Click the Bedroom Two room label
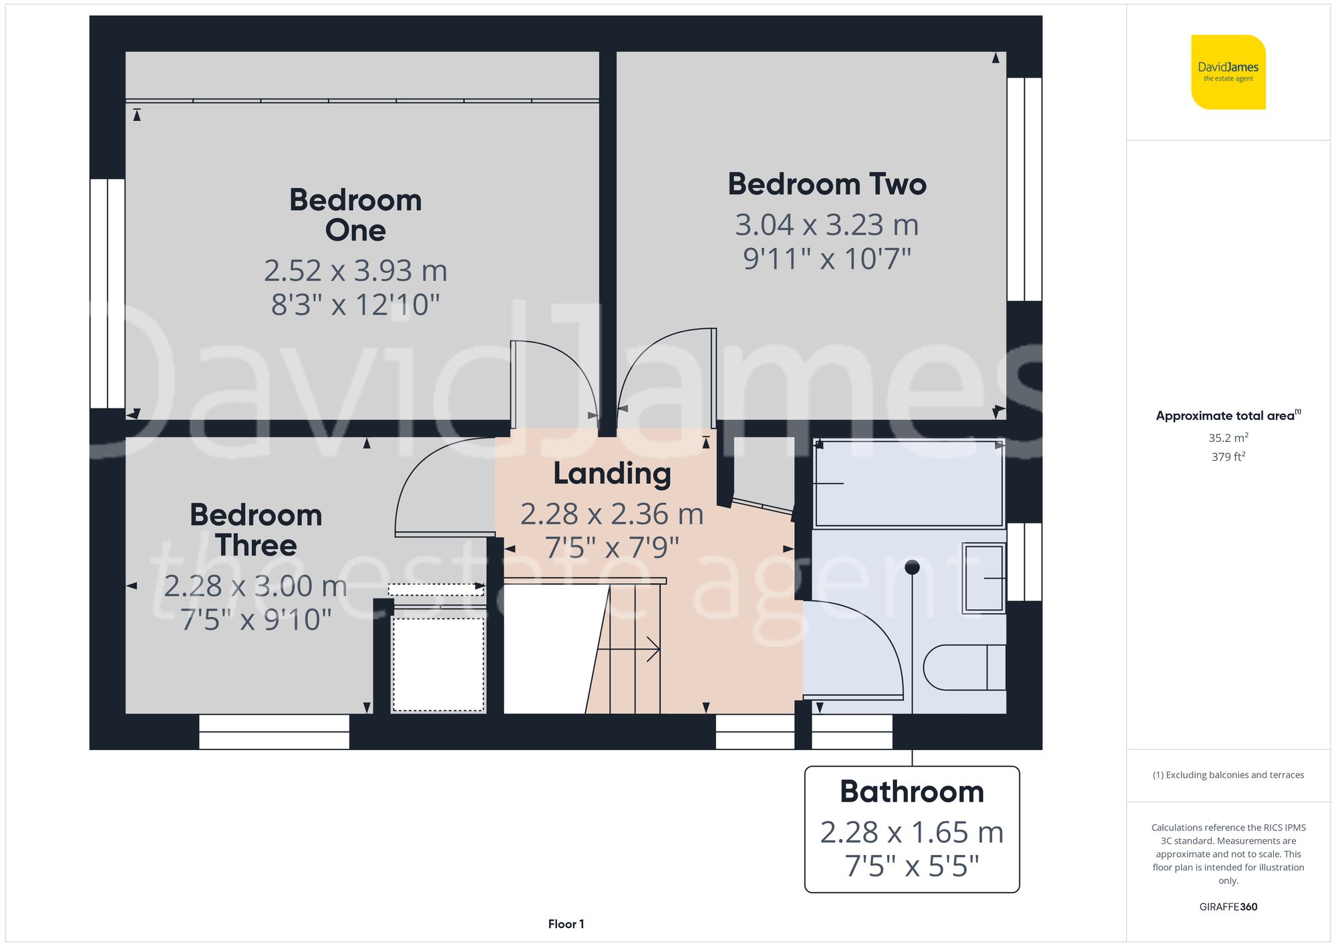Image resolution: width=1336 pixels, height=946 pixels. [x=827, y=185]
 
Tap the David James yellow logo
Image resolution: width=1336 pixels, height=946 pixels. [x=1228, y=72]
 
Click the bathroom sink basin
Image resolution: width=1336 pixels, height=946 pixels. [x=983, y=578]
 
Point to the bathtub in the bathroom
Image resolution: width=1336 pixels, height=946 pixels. [x=908, y=483]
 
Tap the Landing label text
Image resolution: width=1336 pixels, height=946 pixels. [x=612, y=473]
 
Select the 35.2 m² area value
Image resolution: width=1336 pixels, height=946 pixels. [x=1228, y=438]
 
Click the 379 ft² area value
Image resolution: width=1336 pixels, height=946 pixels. [x=1228, y=457]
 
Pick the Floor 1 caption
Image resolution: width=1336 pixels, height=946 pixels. [x=566, y=924]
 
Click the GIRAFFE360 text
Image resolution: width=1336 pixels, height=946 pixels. [x=1228, y=907]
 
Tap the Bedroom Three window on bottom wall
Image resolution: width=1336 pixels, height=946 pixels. [x=274, y=731]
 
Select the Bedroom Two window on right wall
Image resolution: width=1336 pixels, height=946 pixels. [x=1024, y=189]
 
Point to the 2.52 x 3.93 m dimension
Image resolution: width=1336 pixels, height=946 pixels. [x=355, y=271]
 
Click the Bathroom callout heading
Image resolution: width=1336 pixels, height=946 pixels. [x=912, y=792]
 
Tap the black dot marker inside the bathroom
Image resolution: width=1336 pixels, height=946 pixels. [x=912, y=568]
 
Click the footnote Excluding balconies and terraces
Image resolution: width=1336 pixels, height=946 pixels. [x=1228, y=775]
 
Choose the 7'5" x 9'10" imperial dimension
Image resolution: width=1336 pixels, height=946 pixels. [x=256, y=620]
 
